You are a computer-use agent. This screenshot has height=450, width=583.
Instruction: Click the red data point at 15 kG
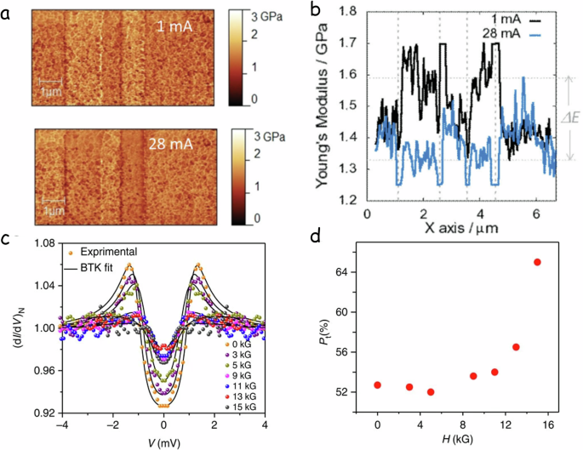(537, 262)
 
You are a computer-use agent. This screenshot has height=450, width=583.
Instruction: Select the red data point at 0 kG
(377, 384)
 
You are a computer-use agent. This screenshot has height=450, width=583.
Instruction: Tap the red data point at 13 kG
(516, 347)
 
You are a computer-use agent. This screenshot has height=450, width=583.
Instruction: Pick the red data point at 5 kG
(431, 392)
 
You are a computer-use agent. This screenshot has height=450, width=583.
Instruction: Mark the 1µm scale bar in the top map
(50, 86)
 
